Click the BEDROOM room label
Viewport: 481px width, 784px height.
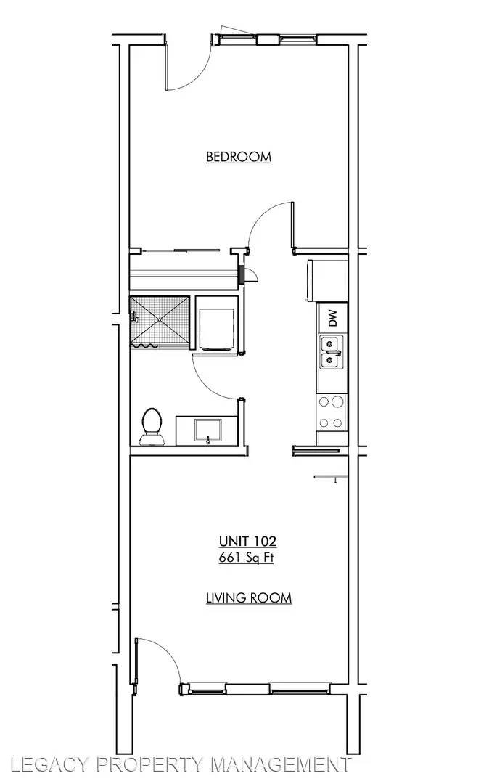[239, 157]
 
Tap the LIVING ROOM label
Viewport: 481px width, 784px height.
[249, 597]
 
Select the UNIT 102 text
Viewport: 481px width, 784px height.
[247, 541]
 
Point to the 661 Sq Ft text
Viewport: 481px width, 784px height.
[246, 558]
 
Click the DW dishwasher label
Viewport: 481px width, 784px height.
[333, 318]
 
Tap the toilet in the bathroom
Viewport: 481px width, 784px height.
[152, 427]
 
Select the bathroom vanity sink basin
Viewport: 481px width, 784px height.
[207, 430]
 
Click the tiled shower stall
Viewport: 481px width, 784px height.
[160, 321]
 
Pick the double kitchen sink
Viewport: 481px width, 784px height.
[332, 353]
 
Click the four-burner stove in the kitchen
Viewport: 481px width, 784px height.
[332, 412]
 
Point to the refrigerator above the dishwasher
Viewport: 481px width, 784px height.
[328, 281]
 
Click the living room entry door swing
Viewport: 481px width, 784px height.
[158, 661]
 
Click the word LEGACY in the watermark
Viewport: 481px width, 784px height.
[48, 764]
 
